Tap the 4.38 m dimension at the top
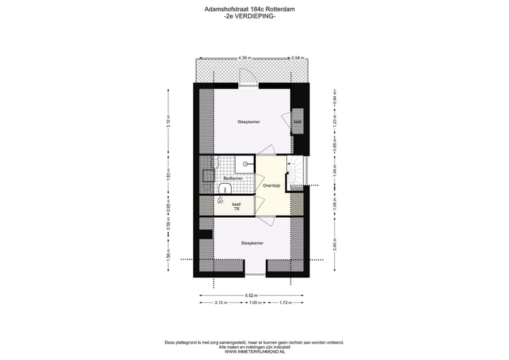click(245, 57)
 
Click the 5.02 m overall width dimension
click(252, 295)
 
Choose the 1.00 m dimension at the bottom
click(256, 303)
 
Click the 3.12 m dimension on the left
click(168, 120)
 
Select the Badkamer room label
click(233, 178)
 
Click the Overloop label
click(271, 185)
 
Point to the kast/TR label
click(236, 207)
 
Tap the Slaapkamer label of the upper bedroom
click(249, 122)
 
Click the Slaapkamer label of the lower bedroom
click(252, 243)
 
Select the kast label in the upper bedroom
click(298, 122)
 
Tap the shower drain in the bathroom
click(245, 164)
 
